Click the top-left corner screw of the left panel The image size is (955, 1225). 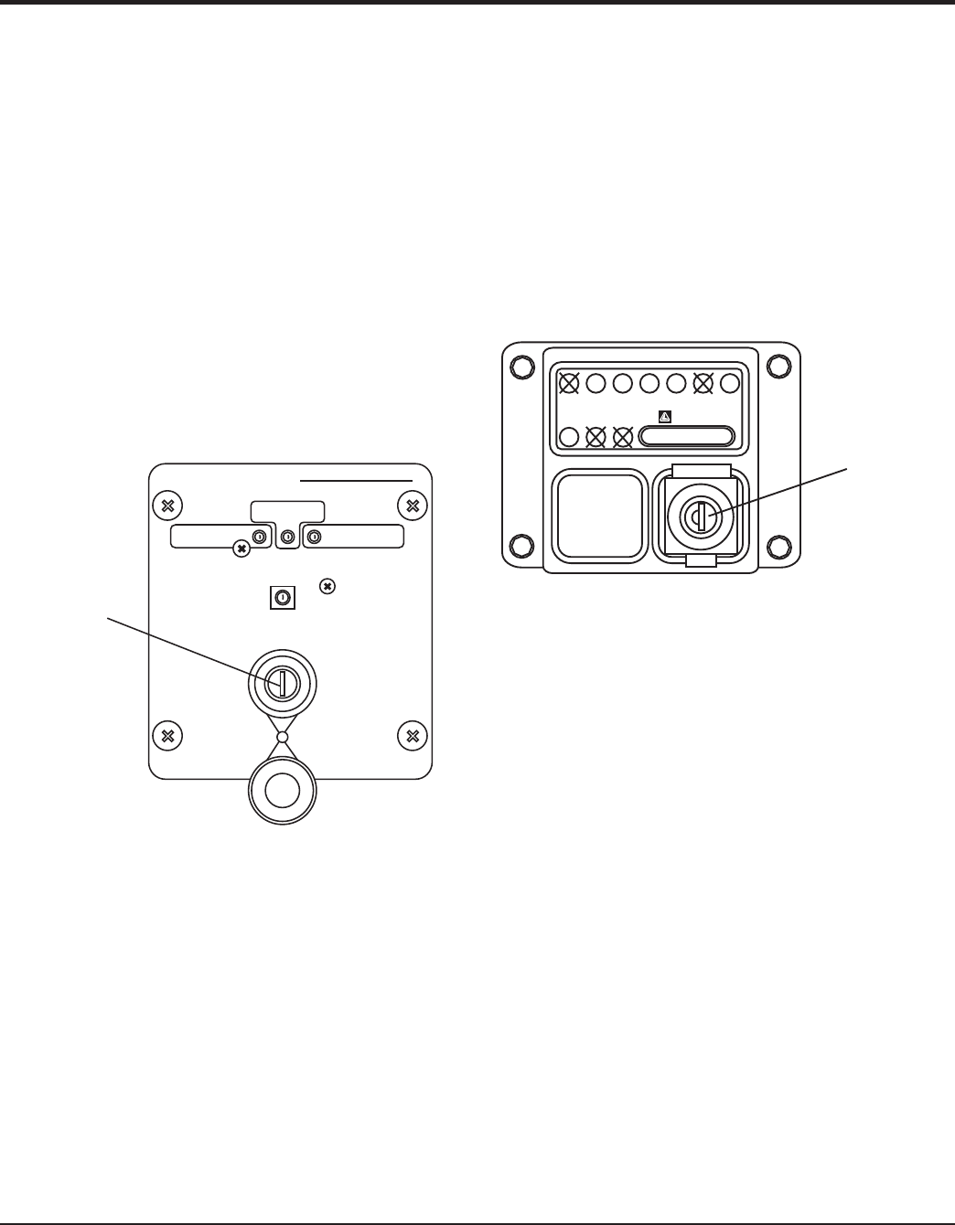click(x=166, y=506)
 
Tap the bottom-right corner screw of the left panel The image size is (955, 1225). click(x=413, y=735)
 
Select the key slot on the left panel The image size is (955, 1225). click(x=283, y=682)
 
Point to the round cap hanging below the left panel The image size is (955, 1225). click(x=283, y=791)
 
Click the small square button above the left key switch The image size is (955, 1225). click(x=283, y=598)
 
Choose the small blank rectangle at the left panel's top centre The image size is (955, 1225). click(x=287, y=512)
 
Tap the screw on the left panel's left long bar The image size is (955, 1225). click(x=241, y=549)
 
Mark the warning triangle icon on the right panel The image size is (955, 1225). click(x=665, y=417)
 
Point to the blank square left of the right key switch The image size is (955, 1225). click(x=598, y=515)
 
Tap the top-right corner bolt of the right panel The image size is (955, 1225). click(x=778, y=366)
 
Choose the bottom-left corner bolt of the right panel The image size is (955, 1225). click(x=520, y=547)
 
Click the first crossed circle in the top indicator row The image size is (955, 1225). click(x=568, y=383)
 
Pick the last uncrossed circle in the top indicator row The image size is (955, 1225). click(x=730, y=383)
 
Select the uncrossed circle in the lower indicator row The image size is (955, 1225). click(x=568, y=436)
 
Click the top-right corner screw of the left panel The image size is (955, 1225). click(x=413, y=506)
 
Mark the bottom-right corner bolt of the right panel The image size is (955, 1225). click(x=778, y=547)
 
